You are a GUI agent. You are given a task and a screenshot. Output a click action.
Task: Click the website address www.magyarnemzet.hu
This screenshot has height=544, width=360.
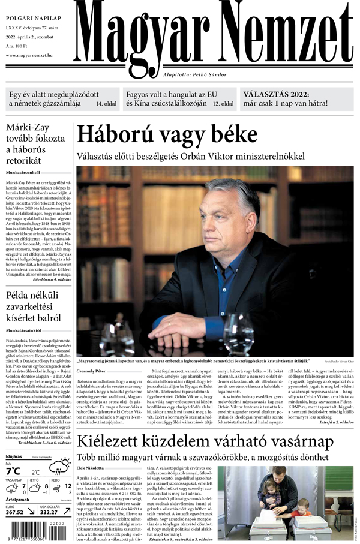[x=35, y=56]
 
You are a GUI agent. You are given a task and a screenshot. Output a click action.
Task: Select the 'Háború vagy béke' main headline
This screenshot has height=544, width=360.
[x=167, y=135]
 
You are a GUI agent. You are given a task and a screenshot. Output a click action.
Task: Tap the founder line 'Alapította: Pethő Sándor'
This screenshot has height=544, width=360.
[x=196, y=74]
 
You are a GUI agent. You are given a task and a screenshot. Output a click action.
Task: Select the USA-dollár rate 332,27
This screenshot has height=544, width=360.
[x=53, y=512]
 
